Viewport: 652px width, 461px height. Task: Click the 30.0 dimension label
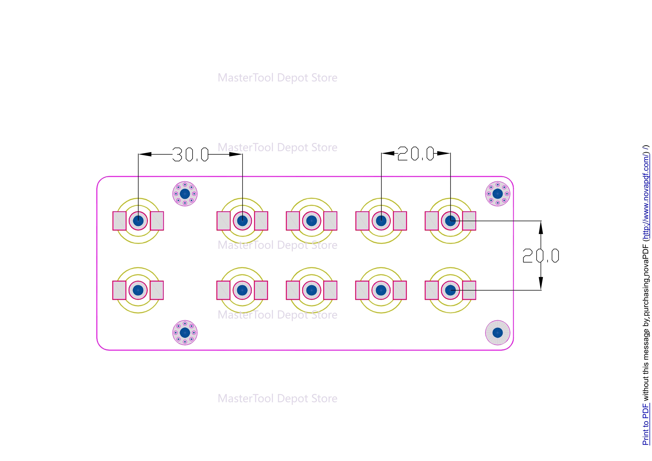[191, 155]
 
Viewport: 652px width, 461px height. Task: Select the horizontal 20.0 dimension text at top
[416, 154]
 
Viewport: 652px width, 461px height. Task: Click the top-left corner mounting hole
[185, 194]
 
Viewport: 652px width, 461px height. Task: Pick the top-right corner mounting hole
[498, 194]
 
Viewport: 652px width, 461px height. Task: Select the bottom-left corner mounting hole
[185, 333]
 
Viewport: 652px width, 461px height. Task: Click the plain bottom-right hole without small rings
[498, 333]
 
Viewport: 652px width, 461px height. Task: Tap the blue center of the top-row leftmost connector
[138, 221]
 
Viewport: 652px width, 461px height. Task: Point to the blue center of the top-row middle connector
[312, 221]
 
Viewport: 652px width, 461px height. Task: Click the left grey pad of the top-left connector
[120, 221]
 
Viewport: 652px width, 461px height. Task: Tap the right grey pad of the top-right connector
[469, 221]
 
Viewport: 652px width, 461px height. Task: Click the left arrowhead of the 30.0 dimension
[145, 154]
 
